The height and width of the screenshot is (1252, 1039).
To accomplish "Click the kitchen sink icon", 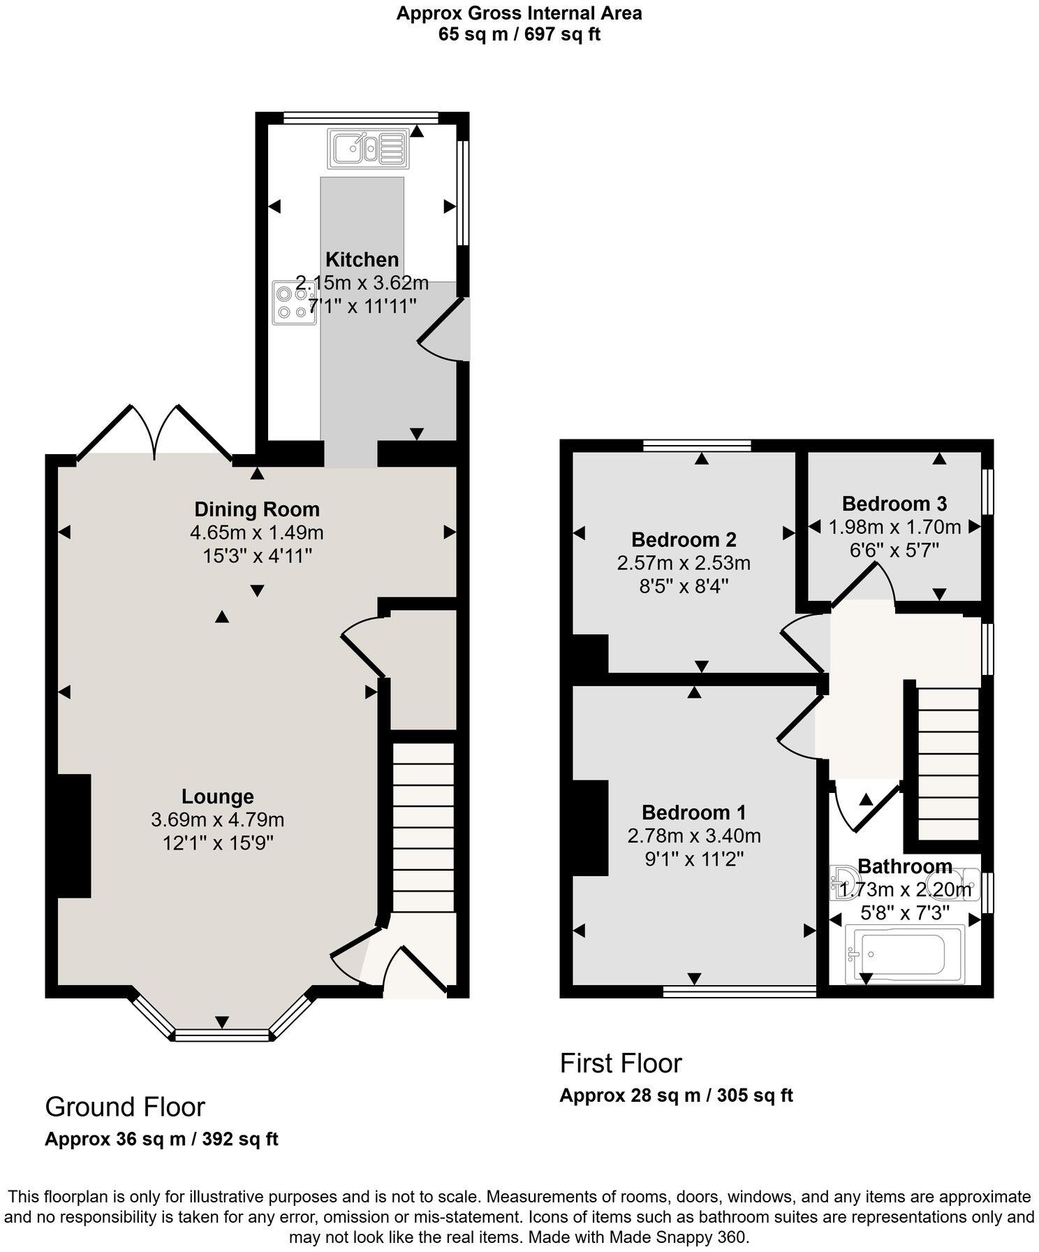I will coord(368,148).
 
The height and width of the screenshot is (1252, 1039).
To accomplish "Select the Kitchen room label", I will coord(362,260).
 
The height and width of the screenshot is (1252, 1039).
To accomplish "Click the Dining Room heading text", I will coord(256,509).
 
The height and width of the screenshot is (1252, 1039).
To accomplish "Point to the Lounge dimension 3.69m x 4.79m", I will coord(217,820).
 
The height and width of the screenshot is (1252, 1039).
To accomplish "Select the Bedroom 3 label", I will coord(894,503).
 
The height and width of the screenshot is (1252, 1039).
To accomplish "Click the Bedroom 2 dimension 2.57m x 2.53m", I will coord(683,562).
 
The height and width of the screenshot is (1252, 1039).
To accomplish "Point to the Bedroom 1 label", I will coord(693,813).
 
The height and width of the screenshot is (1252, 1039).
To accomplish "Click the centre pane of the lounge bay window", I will coord(221,1035).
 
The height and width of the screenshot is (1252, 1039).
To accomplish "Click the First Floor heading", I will coord(620,1063).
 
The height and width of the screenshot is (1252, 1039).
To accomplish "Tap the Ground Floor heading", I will coord(124,1107).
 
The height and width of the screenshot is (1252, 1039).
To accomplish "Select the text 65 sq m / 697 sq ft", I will coord(519,34).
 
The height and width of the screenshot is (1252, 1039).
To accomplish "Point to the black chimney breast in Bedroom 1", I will coord(590,827).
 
